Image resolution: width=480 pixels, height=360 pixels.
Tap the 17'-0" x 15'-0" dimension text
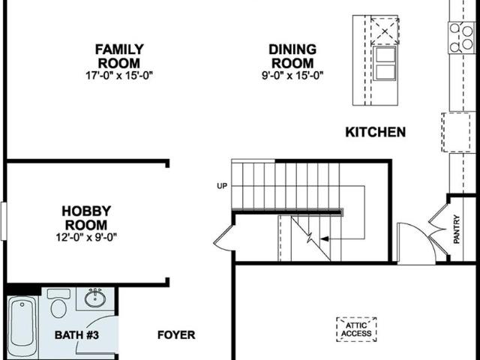pyautogui.click(x=118, y=75)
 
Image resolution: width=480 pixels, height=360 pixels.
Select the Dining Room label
pyautogui.click(x=292, y=56)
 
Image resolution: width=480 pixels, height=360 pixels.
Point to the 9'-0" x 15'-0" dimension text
pyautogui.click(x=292, y=75)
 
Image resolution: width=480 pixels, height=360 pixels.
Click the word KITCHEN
pyautogui.click(x=375, y=132)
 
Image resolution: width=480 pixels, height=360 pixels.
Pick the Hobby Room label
pyautogui.click(x=86, y=218)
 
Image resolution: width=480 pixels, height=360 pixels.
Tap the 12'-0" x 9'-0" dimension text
pyautogui.click(x=86, y=237)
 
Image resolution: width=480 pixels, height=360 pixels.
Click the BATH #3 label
pyautogui.click(x=76, y=335)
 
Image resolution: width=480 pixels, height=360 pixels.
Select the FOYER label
pyautogui.click(x=176, y=335)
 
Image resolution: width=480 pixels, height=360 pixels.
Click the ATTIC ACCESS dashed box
pyautogui.click(x=356, y=329)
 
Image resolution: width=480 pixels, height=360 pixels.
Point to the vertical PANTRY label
pyautogui.click(x=457, y=229)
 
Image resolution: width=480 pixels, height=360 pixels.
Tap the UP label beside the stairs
pyautogui.click(x=222, y=186)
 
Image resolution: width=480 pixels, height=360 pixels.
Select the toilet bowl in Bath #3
pyautogui.click(x=58, y=308)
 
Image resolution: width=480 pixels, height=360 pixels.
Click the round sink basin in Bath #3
pyautogui.click(x=95, y=298)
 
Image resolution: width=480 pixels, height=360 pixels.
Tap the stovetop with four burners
pyautogui.click(x=462, y=38)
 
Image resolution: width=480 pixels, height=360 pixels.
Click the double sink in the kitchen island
pyautogui.click(x=385, y=63)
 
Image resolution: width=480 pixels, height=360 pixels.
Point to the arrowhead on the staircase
pyautogui.click(x=324, y=238)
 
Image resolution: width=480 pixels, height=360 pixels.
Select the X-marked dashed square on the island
pyautogui.click(x=385, y=31)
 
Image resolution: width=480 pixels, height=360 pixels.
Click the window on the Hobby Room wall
pyautogui.click(x=3, y=220)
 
